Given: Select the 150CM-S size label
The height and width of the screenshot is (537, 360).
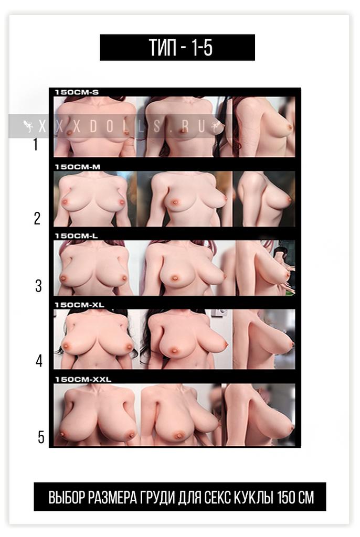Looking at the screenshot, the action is click(77, 92).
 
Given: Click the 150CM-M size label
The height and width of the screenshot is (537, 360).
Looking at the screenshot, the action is click(78, 167).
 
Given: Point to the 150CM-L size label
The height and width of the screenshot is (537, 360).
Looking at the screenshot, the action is click(76, 236).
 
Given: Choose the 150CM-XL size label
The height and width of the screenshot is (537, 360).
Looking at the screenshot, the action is click(80, 305).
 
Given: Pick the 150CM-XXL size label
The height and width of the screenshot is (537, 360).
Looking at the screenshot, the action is click(83, 380).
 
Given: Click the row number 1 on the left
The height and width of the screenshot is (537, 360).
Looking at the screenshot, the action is click(35, 144).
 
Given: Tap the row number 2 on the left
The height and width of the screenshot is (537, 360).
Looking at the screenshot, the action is click(37, 218).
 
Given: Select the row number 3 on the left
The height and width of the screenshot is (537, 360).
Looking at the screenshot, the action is click(38, 286).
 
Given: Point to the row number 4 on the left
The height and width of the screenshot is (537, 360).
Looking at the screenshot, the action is click(39, 361).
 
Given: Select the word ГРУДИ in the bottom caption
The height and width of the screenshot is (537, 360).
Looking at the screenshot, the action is click(158, 497).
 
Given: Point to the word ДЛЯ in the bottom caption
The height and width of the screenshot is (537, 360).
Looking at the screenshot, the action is click(190, 497).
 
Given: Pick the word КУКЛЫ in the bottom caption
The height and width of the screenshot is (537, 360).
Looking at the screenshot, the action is click(253, 497).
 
